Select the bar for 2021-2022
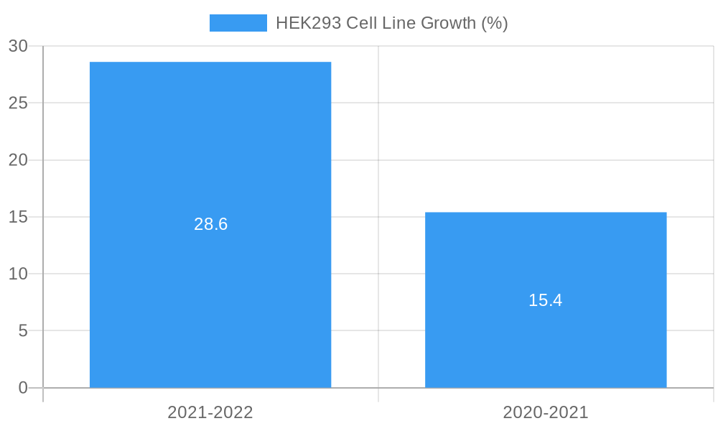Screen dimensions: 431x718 click(210, 144)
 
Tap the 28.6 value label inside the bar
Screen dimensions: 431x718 click(210, 224)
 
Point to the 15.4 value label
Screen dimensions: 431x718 click(546, 300)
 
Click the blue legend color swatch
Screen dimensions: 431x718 click(238, 23)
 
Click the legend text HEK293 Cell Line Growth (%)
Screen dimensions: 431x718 click(391, 23)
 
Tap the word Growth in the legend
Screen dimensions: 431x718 click(448, 23)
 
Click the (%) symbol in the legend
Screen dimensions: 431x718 click(495, 23)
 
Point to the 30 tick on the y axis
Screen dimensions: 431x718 click(18, 46)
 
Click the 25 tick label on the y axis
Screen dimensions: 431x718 click(18, 103)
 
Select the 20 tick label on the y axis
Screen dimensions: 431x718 click(18, 160)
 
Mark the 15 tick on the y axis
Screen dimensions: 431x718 click(18, 217)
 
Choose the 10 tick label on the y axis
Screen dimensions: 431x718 click(18, 274)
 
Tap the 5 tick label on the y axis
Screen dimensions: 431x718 click(23, 330)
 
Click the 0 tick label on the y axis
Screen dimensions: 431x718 click(23, 388)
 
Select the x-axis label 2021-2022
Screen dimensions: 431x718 click(210, 412)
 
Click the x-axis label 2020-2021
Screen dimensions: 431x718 click(546, 412)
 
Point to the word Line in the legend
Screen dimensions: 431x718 click(398, 23)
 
